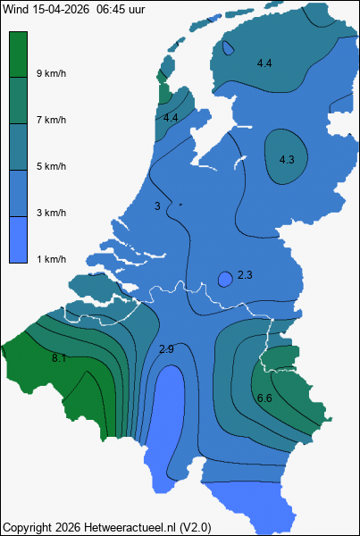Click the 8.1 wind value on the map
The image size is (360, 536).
[x=60, y=358]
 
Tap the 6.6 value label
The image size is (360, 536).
[x=264, y=398]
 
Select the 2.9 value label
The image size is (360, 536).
[x=166, y=348]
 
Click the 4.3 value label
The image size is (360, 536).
[x=287, y=160]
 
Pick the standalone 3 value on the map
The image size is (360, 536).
[x=157, y=206]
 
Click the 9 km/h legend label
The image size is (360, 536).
[x=51, y=73]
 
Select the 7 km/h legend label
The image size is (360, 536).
[x=51, y=120]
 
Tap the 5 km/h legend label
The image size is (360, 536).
[x=51, y=166]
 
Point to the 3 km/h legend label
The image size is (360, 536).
[x=51, y=213]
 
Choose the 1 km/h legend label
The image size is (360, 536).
[x=51, y=259]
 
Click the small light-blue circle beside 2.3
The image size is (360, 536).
[x=226, y=279]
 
